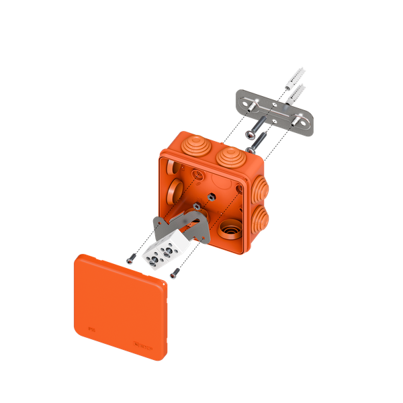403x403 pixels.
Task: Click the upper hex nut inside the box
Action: click(x=210, y=195)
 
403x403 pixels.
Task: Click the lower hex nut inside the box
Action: click(x=194, y=206)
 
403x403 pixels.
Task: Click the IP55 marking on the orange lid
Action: click(x=92, y=329)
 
